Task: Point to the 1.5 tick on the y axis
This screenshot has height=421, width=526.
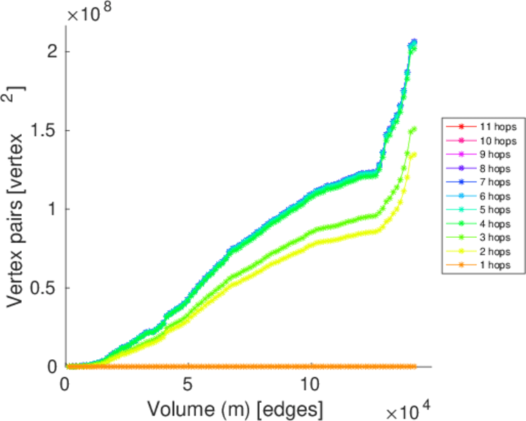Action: [45, 131]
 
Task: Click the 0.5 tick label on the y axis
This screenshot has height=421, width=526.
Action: [45, 288]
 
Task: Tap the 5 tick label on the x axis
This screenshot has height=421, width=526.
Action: [188, 385]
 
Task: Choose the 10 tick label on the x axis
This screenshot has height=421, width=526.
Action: [310, 385]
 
